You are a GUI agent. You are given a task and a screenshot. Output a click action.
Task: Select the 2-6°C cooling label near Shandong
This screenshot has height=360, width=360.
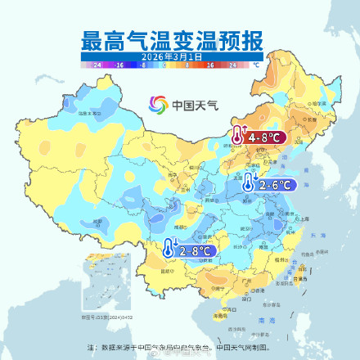click(x=276, y=185)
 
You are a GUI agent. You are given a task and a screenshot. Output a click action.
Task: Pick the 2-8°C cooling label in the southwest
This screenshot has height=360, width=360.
click(x=197, y=250)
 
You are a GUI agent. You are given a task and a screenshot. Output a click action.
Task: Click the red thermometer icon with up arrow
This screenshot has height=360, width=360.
click(x=237, y=136)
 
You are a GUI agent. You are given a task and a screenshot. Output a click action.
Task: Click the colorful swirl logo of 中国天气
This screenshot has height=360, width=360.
click(x=156, y=105)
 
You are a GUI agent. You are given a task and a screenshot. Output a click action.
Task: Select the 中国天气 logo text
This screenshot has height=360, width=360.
click(x=184, y=105)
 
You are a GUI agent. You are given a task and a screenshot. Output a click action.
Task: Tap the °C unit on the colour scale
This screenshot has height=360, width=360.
click(x=256, y=64)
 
